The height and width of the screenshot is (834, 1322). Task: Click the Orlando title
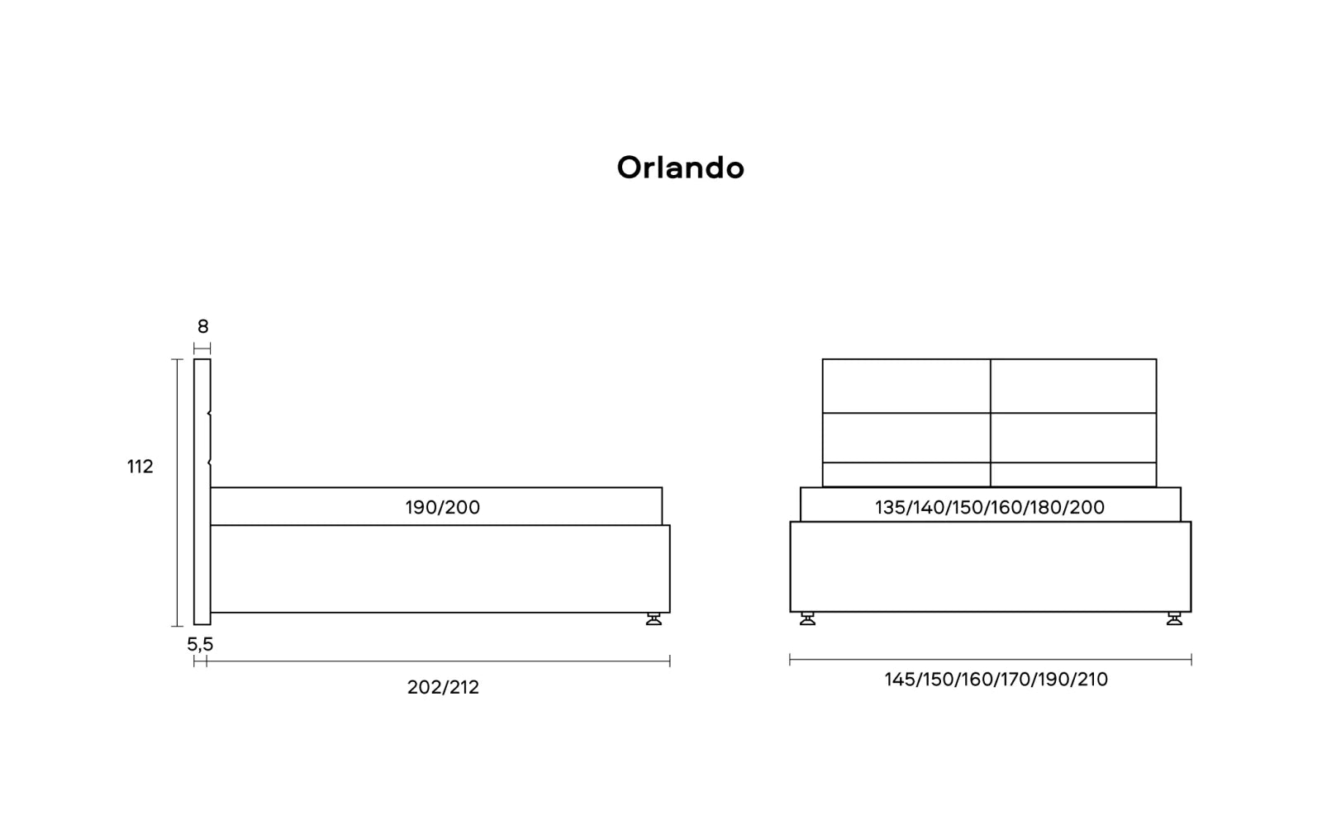pyautogui.click(x=681, y=168)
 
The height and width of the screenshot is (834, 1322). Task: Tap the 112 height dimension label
pyautogui.click(x=140, y=467)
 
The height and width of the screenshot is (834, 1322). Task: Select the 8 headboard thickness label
pyautogui.click(x=203, y=326)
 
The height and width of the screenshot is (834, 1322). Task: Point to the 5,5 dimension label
pyautogui.click(x=200, y=644)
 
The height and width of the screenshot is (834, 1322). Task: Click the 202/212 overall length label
pyautogui.click(x=443, y=687)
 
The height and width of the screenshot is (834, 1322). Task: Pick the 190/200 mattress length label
pyautogui.click(x=443, y=507)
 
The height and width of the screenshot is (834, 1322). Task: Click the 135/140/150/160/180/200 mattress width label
pyautogui.click(x=990, y=507)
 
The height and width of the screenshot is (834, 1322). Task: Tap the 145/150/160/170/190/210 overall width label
pyautogui.click(x=996, y=680)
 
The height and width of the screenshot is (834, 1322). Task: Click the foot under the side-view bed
pyautogui.click(x=654, y=618)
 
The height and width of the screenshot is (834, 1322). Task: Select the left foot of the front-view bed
pyautogui.click(x=808, y=618)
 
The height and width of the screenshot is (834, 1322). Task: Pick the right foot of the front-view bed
pyautogui.click(x=1174, y=618)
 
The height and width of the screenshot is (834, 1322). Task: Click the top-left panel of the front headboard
pyautogui.click(x=906, y=386)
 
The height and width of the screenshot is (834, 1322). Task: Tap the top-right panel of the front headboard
pyautogui.click(x=1073, y=386)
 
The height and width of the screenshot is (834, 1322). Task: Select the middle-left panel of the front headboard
pyautogui.click(x=906, y=438)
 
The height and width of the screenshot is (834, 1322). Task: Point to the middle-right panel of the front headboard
pyautogui.click(x=1073, y=438)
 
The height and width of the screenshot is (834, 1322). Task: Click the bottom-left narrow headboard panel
pyautogui.click(x=906, y=475)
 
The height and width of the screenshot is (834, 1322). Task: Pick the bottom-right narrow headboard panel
pyautogui.click(x=1073, y=475)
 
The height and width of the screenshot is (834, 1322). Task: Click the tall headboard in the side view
pyautogui.click(x=202, y=492)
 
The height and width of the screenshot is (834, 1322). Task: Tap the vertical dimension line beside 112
pyautogui.click(x=177, y=492)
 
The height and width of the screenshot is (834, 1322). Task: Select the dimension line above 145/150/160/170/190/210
pyautogui.click(x=991, y=660)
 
